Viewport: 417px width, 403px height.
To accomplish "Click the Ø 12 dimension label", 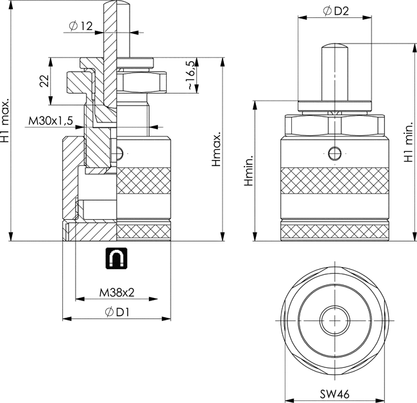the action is [x=81, y=26].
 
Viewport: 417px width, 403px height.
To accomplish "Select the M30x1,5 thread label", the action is [x=51, y=121].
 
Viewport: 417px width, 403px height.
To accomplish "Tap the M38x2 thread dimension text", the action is [x=117, y=293].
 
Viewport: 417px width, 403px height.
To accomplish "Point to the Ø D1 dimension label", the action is [x=117, y=312].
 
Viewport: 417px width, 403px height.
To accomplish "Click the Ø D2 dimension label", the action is [x=336, y=11].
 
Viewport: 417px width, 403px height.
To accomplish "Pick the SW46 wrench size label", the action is [x=335, y=394].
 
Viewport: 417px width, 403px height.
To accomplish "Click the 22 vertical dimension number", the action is [x=44, y=81].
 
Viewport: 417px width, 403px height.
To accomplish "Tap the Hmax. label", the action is [x=216, y=149].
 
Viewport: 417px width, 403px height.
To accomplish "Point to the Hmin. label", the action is [x=249, y=170].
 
